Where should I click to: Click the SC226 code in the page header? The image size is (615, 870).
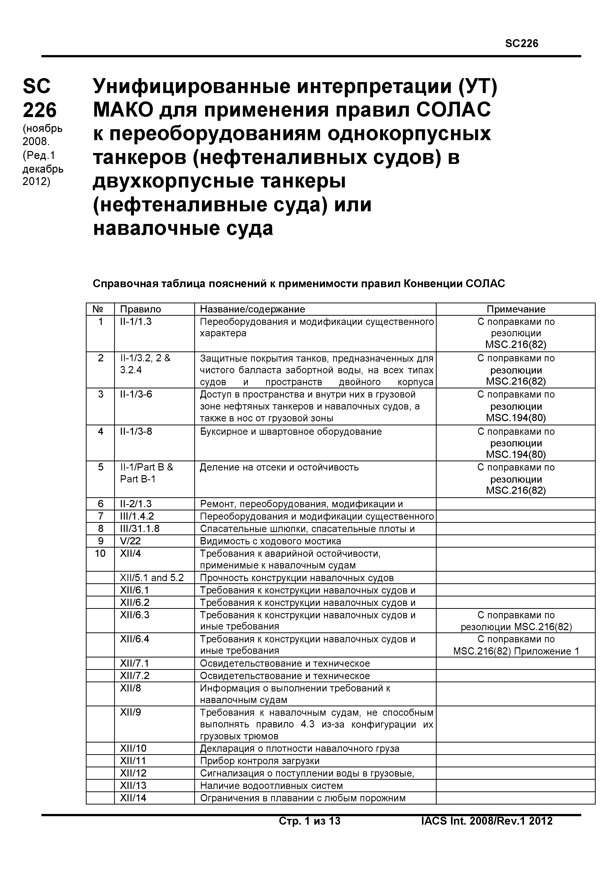pos(521,44)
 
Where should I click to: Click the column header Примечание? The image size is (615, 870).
pos(516,309)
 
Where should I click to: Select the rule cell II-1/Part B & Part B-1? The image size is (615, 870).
pos(146,473)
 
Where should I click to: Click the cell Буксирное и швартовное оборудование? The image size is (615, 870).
pos(291,432)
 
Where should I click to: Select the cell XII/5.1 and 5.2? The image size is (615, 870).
pos(152,578)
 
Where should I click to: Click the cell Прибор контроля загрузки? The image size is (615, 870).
pos(259,761)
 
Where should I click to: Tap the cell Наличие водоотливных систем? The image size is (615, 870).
pos(271,785)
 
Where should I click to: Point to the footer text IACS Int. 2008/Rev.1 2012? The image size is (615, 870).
pos(486,821)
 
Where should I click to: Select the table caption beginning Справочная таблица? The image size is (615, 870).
pos(299,284)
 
